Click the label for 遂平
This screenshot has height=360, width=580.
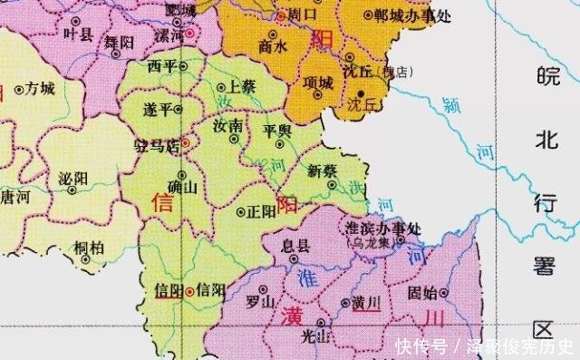159,109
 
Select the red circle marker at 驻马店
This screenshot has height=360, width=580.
186,142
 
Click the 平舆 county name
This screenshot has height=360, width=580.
276,131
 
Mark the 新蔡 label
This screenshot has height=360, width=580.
322,170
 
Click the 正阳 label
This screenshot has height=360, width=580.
262,211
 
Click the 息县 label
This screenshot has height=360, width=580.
297,245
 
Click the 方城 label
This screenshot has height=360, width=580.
41,88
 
